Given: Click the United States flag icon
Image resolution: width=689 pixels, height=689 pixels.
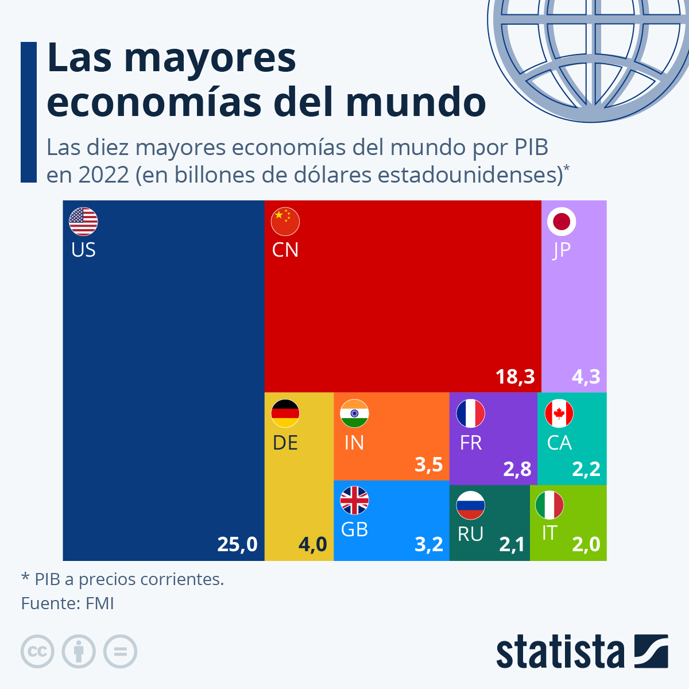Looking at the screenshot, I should pos(83,222).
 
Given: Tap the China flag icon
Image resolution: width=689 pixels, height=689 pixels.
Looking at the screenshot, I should pos(285,222).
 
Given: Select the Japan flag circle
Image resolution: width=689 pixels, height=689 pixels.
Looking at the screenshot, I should pos(562,222).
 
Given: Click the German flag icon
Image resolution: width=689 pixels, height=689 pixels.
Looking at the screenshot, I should pos(285,413).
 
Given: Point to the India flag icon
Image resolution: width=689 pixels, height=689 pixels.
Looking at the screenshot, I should pos(354,413).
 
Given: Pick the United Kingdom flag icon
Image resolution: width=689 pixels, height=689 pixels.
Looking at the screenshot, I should pos(354,501).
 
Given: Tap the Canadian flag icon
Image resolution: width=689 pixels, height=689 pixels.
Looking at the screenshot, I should pos(559,413).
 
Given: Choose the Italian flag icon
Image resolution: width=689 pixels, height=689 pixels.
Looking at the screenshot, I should pos(549,505).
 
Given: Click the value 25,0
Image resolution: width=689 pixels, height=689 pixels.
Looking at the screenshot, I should pos(237,544).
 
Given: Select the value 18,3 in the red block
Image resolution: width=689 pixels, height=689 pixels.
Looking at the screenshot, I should pos(515,377).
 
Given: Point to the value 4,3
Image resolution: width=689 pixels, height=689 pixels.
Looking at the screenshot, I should pos(586,377).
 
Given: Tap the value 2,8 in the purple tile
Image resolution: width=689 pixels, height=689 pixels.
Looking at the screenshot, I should pos(517,469).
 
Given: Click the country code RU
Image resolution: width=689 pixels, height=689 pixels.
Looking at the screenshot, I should pos(470,534).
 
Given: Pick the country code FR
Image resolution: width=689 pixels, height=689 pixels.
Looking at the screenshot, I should pos(471,443).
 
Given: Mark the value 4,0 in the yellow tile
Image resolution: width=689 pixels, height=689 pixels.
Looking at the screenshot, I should pos(313,544).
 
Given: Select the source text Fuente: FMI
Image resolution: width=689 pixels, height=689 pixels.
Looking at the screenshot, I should pos(68,603).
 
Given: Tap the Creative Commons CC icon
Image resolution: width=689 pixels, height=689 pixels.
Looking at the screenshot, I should pos(37,652).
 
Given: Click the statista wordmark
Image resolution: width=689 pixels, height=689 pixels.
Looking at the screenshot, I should pos(560,652).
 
